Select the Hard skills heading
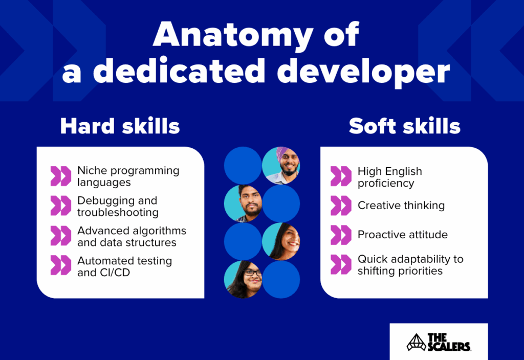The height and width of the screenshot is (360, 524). tap(120, 126)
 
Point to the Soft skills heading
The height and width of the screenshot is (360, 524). tap(404, 126)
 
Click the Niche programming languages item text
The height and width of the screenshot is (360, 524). tap(128, 176)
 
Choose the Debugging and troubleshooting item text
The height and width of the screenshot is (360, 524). tap(118, 206)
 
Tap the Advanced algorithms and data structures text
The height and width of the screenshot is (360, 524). tap(132, 236)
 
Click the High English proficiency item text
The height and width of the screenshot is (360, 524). tap(389, 177)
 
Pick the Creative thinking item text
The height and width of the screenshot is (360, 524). tap(401, 206)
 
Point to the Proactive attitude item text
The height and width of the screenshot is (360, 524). tap(402, 235)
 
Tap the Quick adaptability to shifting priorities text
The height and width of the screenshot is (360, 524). tap(410, 265)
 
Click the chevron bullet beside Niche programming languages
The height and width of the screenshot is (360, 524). tap(60, 176)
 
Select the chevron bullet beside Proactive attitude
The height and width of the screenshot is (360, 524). tap(341, 235)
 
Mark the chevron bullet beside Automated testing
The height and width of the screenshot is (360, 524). tap(60, 265)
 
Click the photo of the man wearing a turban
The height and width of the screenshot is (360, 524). tap(281, 165)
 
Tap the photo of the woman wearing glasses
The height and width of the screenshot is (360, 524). tap(243, 279)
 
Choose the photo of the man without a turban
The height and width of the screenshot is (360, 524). tap(243, 203)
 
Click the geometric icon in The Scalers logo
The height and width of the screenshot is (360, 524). tap(416, 342)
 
